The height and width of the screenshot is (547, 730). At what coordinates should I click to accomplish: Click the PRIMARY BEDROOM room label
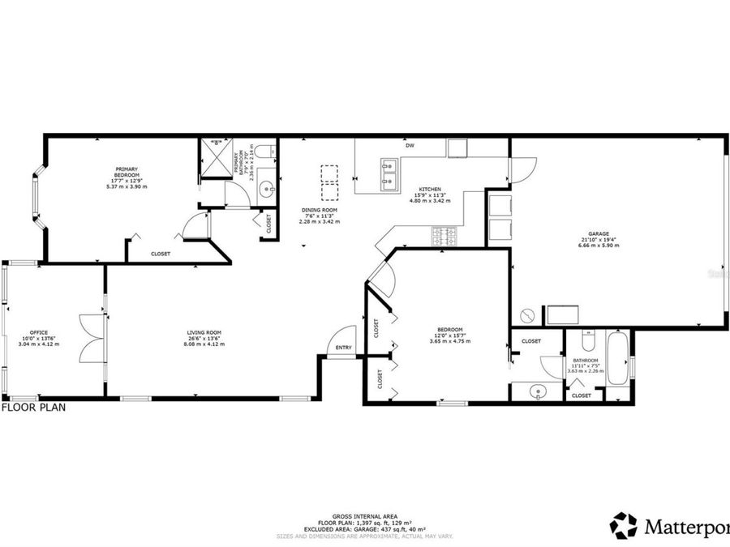(127, 172)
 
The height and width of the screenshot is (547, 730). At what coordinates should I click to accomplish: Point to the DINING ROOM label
(319, 210)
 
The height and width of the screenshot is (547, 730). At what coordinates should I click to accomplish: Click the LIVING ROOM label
(204, 333)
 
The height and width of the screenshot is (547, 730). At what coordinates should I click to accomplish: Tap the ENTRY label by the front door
(344, 349)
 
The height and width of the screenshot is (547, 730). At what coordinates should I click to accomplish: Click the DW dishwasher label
(410, 146)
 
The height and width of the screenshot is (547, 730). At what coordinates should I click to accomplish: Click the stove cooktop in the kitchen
(444, 236)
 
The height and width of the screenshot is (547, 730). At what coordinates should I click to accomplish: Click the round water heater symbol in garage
(528, 315)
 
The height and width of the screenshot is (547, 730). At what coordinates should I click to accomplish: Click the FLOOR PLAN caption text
(33, 408)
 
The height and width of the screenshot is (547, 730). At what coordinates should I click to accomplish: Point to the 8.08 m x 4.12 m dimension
(204, 344)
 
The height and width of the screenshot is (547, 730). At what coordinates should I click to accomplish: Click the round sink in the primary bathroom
(267, 191)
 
